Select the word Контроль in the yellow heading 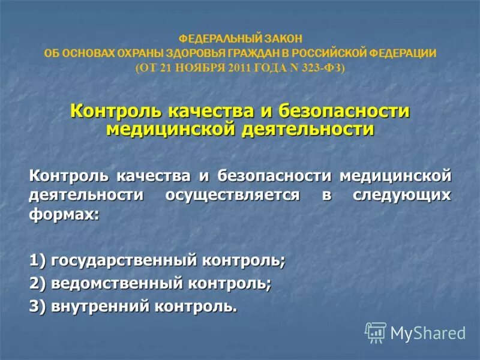point(114,112)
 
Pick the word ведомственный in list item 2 point(116,283)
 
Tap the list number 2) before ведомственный point(38,283)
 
